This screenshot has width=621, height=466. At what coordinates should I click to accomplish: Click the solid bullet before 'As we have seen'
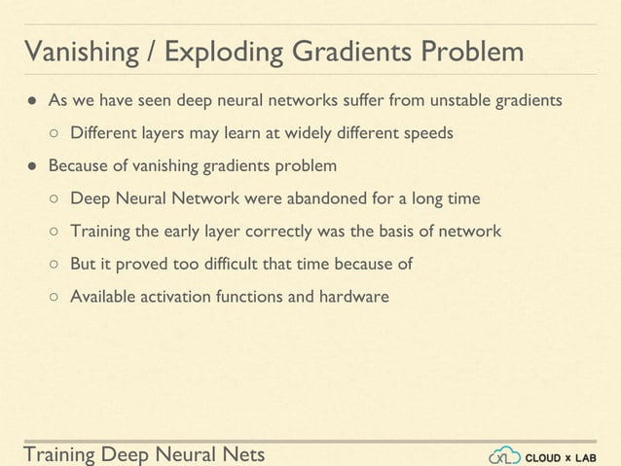pyautogui.click(x=31, y=101)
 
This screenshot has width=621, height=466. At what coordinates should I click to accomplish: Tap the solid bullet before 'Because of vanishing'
pyautogui.click(x=31, y=166)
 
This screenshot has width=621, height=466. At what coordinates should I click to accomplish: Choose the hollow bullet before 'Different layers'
pyautogui.click(x=55, y=133)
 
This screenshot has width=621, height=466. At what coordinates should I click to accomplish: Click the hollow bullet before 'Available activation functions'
pyautogui.click(x=55, y=297)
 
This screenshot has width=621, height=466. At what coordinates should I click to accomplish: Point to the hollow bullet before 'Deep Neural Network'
pyautogui.click(x=55, y=199)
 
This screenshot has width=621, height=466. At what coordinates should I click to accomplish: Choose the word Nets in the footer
pyautogui.click(x=239, y=453)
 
